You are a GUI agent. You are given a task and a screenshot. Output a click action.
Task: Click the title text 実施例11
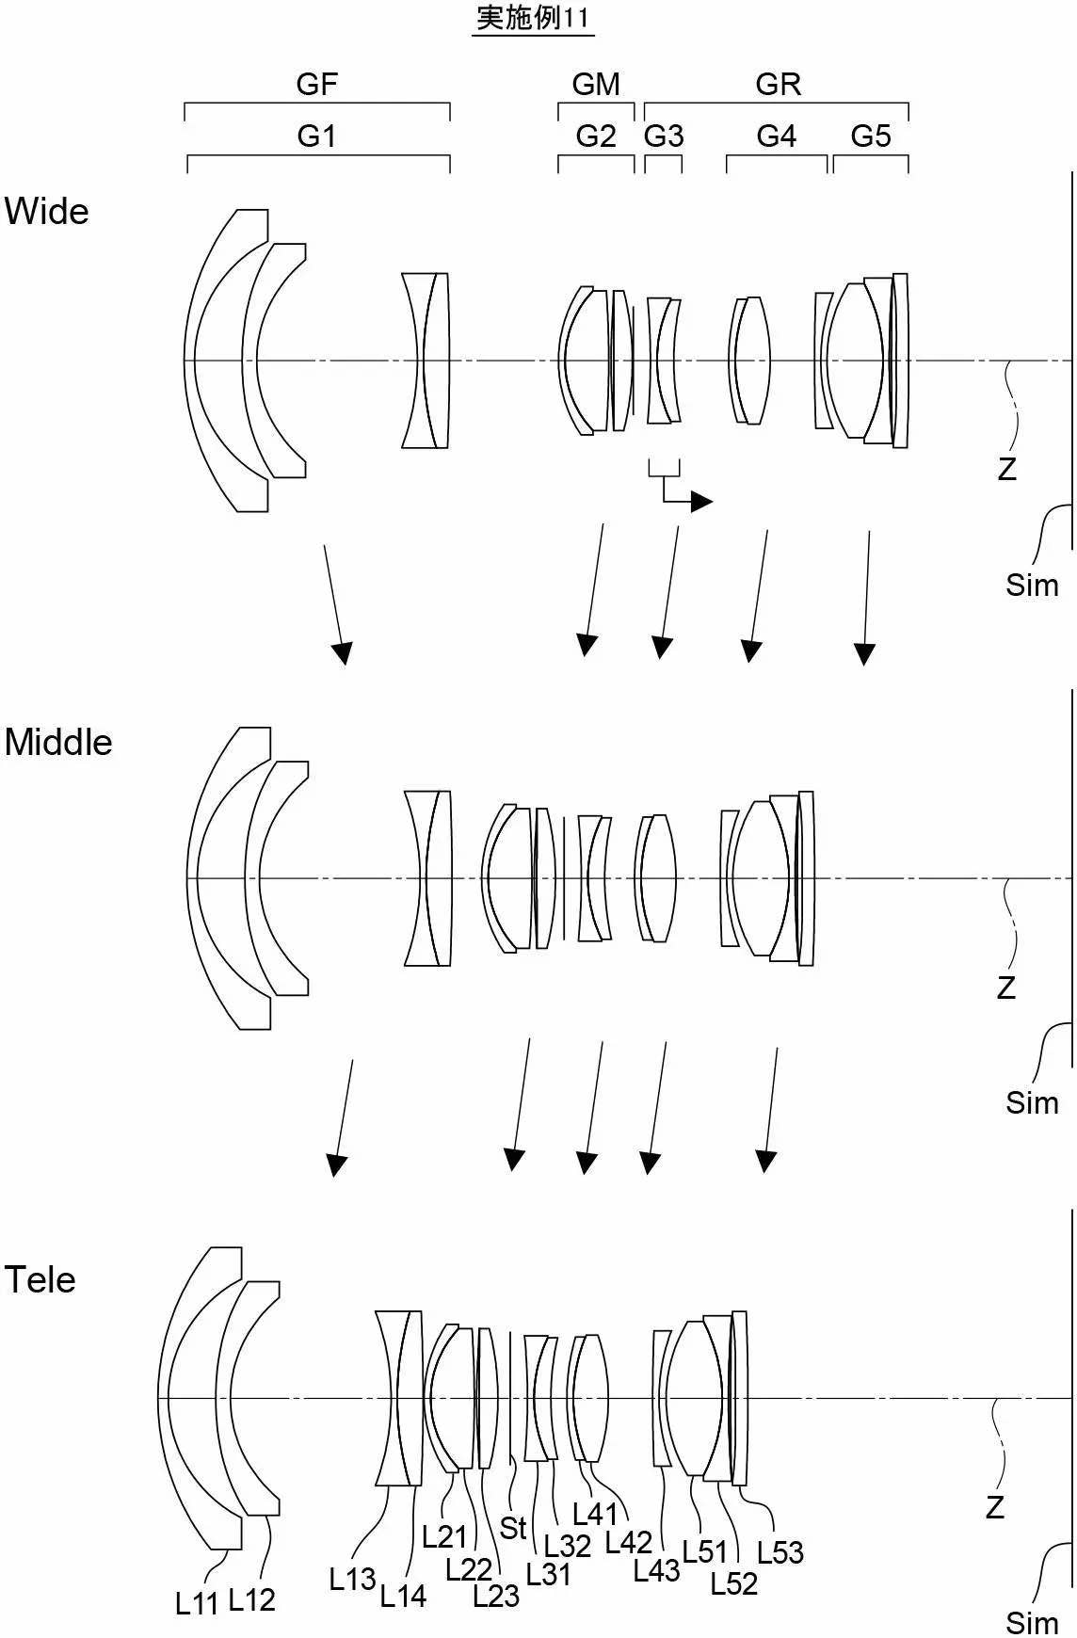(x=533, y=18)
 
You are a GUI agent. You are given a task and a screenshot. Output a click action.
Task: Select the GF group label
(x=317, y=84)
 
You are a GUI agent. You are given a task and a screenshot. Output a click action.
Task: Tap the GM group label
(x=596, y=84)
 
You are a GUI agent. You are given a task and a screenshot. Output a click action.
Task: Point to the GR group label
(x=779, y=84)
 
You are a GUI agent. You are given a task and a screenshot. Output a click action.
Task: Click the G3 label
(x=664, y=136)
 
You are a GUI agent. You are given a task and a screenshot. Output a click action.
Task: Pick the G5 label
(x=871, y=136)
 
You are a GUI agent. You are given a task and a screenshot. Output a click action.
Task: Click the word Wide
(x=46, y=211)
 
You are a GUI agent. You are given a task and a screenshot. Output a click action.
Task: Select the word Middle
(x=58, y=742)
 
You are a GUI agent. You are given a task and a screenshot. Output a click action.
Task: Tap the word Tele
(x=40, y=1279)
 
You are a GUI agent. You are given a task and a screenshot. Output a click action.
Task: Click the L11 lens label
(x=197, y=1603)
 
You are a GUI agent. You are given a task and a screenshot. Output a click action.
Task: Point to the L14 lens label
(x=404, y=1596)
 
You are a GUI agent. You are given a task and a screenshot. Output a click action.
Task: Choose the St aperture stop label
(x=513, y=1527)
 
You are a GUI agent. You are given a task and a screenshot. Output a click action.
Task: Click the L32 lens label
(x=568, y=1545)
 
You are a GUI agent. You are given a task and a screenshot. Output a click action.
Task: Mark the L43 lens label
(x=657, y=1569)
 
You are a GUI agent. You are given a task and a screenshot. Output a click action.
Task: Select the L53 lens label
(x=780, y=1551)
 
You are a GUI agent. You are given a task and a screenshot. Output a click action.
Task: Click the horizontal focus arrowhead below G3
(x=702, y=502)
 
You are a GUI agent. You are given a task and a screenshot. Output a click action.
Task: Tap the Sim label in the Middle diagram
(x=1032, y=1102)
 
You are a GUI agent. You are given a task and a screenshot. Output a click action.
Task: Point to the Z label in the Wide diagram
(x=1007, y=469)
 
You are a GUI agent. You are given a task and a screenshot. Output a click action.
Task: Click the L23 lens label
(x=496, y=1596)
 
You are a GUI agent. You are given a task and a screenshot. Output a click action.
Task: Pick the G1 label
(x=316, y=136)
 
